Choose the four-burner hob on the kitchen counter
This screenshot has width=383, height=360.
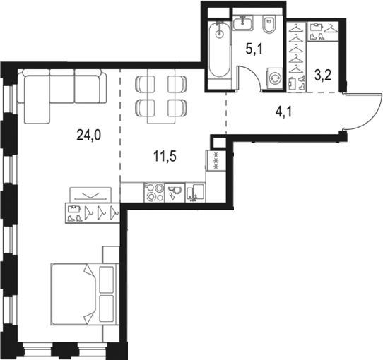tap(154, 191)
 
